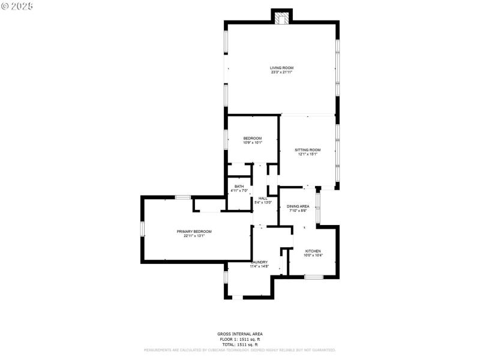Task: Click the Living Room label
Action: point(281,68)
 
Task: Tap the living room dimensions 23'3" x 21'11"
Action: point(281,73)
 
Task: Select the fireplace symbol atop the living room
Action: point(281,18)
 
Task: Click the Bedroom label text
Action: point(252,139)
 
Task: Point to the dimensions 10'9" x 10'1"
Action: point(252,143)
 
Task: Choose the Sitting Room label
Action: point(307,150)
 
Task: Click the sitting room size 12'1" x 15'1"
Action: point(307,154)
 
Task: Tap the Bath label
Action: point(239,187)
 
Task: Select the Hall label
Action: point(263,198)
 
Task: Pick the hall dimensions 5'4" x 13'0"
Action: point(263,202)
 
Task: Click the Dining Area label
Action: point(298,206)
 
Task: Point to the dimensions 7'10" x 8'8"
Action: point(298,211)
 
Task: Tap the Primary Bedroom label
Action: point(194,232)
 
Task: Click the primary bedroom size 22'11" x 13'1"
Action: point(194,236)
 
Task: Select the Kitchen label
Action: point(313,251)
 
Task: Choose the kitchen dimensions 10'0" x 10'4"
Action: point(313,255)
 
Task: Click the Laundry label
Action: point(259,262)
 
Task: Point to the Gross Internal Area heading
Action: point(239,334)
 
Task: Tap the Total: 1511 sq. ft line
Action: point(239,344)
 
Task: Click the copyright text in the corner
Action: point(17,5)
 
